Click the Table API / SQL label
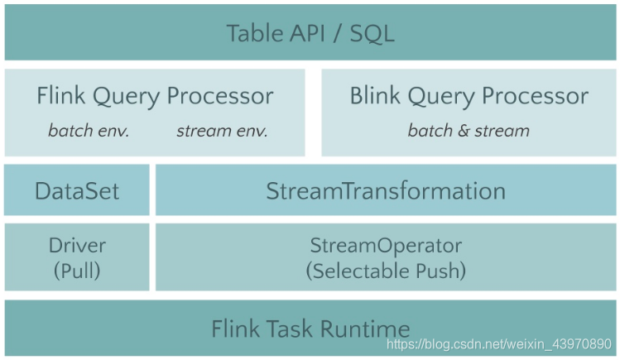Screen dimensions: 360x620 310,33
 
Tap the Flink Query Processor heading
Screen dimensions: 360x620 155,96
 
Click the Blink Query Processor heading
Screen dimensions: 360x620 469,96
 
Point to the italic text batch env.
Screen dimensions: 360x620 89,131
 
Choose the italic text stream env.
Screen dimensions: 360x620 222,131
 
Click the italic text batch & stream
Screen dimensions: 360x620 469,131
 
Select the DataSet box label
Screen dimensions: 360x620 77,191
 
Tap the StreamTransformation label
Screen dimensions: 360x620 386,191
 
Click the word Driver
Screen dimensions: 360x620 77,246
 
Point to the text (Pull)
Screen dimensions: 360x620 77,270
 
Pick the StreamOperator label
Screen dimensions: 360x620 386,246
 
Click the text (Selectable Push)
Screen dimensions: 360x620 386,270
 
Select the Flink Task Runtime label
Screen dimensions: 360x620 310,329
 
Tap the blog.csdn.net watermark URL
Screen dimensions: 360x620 502,343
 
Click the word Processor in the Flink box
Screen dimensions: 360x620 220,96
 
